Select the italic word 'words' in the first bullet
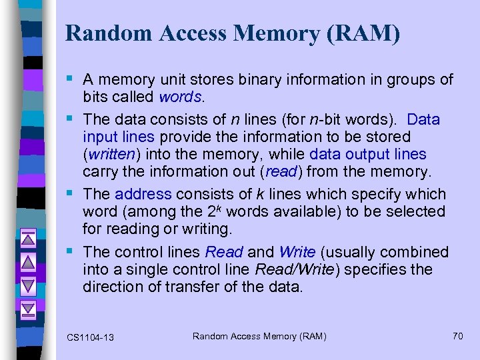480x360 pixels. point(180,97)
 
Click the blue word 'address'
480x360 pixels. point(143,194)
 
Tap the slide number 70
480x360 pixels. point(457,336)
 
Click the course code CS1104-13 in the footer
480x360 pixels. point(90,337)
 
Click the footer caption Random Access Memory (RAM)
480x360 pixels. point(259,337)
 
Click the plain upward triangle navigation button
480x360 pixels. point(28,262)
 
